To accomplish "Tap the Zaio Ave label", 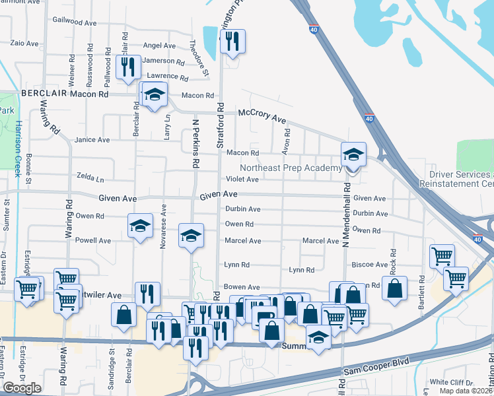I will [x=25, y=43].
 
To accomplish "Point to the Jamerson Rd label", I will [x=163, y=61].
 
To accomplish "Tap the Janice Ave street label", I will [x=92, y=140].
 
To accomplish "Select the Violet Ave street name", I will [x=242, y=179].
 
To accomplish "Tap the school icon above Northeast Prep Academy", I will [x=353, y=155].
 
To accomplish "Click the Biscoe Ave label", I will [x=369, y=265].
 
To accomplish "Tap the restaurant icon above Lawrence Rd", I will [x=127, y=67].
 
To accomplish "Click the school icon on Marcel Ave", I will [x=191, y=236].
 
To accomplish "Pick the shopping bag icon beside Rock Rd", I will [x=394, y=289].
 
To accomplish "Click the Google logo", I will [x=22, y=387].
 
